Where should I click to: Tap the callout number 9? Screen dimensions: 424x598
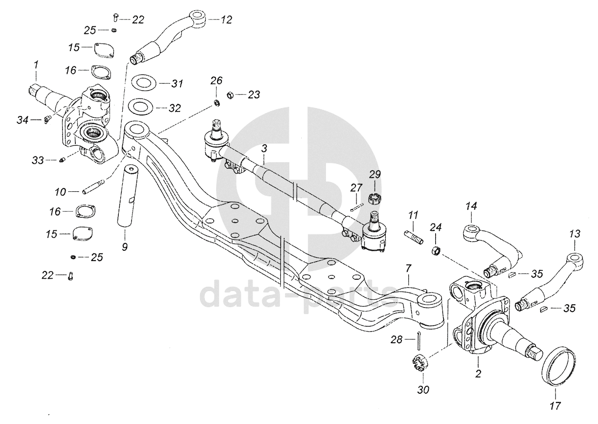(125, 247)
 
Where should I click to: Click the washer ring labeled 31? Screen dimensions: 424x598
(143, 83)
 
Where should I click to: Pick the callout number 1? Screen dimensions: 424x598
(36, 64)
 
